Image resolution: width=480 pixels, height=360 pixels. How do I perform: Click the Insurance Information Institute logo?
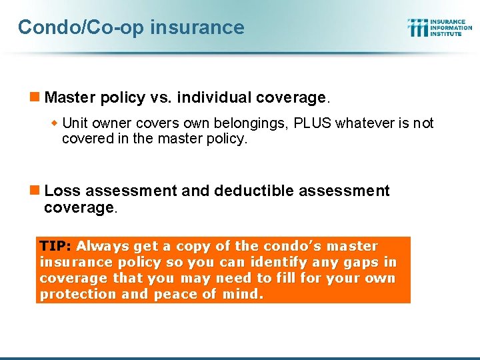[439, 27]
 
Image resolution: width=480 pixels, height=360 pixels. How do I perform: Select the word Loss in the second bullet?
[62, 191]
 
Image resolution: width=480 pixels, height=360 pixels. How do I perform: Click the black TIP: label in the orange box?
[56, 246]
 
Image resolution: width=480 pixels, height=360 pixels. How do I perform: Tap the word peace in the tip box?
[171, 294]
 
